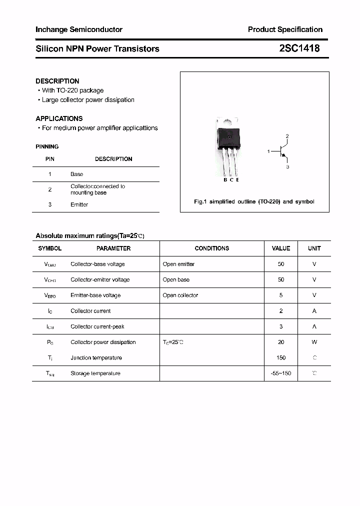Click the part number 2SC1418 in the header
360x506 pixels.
[299, 48]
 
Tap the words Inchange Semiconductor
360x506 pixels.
[79, 29]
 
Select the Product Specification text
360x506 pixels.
[285, 29]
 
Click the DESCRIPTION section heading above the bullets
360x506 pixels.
[57, 81]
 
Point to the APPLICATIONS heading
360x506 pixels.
[59, 118]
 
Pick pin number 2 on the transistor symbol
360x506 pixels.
[287, 136]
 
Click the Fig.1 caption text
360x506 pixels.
[254, 201]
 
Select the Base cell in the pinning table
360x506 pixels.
[77, 174]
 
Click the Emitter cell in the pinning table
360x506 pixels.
[79, 204]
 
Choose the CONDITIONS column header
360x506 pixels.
[212, 248]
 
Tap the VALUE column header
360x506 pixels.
[281, 248]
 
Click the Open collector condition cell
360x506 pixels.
[180, 295]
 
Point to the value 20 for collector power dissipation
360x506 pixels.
[281, 342]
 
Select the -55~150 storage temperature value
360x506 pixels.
[280, 373]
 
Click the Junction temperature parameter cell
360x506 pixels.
[96, 358]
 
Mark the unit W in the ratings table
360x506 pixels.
[314, 342]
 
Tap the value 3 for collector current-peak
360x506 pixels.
[281, 326]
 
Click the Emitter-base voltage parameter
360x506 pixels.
[95, 295]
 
